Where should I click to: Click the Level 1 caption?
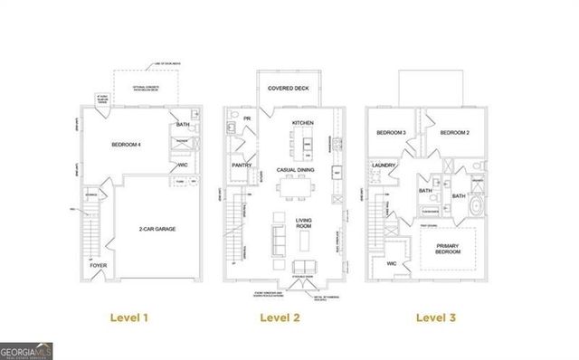(x=128, y=317)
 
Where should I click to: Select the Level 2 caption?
(x=280, y=317)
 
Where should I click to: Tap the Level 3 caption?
(x=435, y=317)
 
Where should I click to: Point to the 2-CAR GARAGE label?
(x=157, y=229)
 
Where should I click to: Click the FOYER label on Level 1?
(x=97, y=265)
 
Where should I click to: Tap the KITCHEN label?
(x=301, y=122)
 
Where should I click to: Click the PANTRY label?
(x=242, y=166)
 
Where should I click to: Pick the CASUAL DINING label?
(x=296, y=169)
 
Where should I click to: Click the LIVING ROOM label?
(x=302, y=225)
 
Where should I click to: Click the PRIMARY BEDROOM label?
(x=447, y=248)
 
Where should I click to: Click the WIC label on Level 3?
(x=391, y=264)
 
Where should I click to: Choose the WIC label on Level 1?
(x=182, y=165)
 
